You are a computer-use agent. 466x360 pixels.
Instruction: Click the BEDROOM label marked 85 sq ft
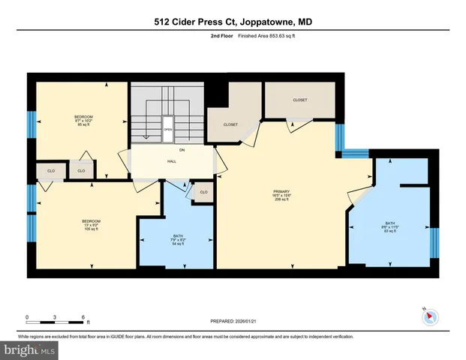pos(83,117)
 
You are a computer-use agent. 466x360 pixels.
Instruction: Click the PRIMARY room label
pos(281,192)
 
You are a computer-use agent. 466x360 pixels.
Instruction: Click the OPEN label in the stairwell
pos(168,128)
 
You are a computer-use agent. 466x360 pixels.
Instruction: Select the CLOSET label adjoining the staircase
pos(230,124)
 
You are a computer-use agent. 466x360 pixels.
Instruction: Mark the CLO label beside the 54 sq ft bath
pos(203,193)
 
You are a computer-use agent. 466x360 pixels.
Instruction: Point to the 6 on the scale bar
pos(83,316)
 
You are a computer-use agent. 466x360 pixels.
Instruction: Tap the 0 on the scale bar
pos(27,316)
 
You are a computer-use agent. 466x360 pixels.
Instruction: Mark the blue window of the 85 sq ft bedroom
pos(32,124)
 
